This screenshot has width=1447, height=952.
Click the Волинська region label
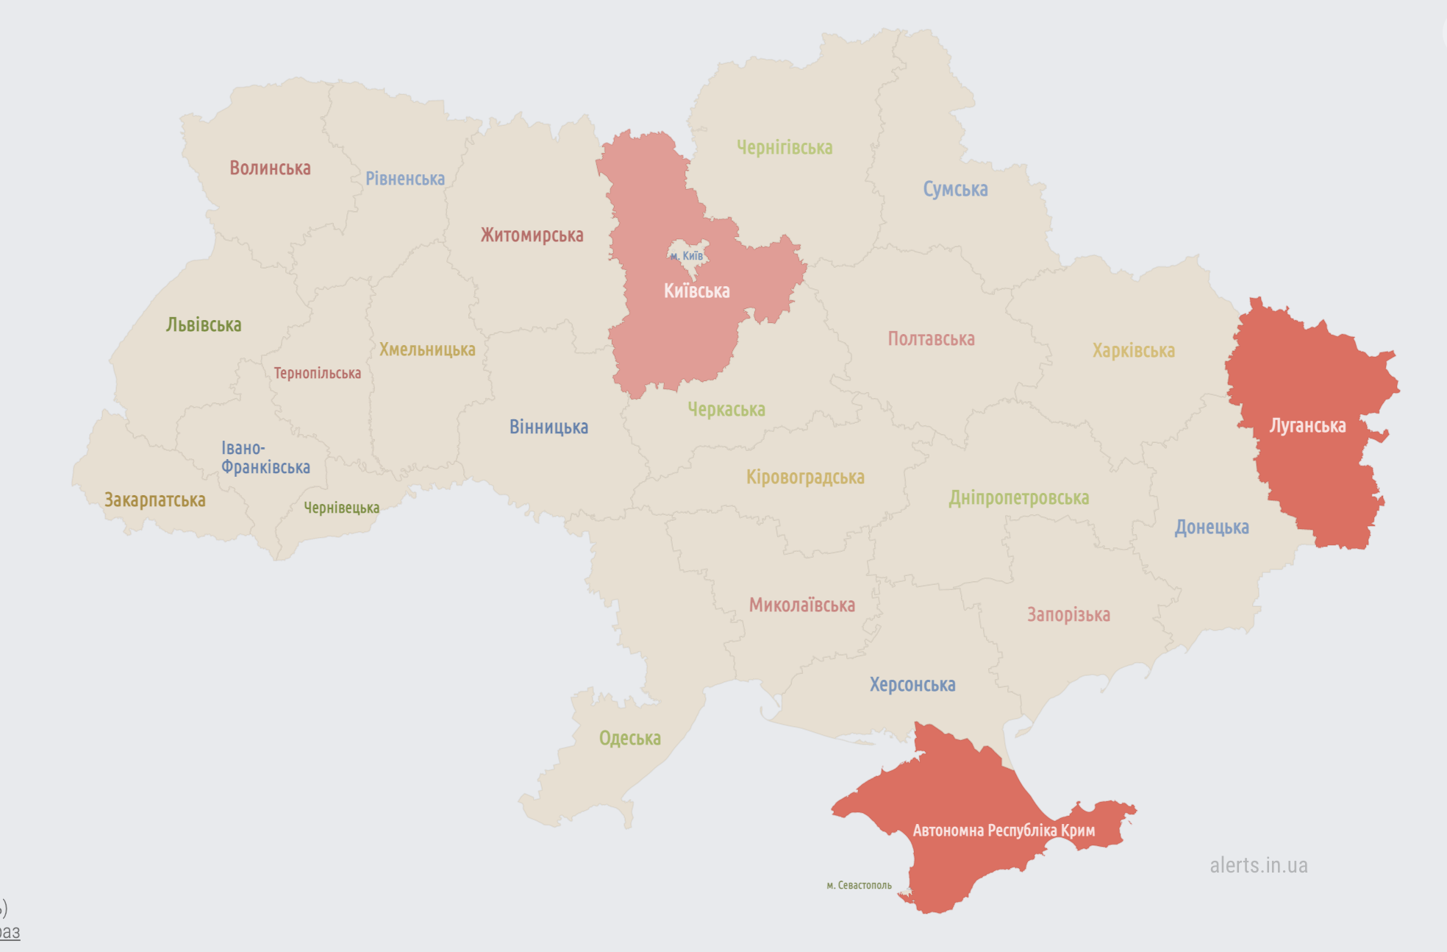(x=270, y=168)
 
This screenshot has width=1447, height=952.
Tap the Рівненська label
(x=405, y=179)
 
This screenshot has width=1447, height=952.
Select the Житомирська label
(x=532, y=235)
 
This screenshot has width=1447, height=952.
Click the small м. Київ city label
(x=687, y=256)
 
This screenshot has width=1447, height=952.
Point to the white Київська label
(x=696, y=291)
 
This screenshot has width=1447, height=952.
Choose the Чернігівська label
(x=785, y=148)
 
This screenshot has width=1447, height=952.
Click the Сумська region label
(x=955, y=190)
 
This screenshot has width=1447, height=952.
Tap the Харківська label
(x=1133, y=351)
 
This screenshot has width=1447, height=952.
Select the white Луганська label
(x=1307, y=426)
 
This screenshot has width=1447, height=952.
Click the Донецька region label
(x=1211, y=527)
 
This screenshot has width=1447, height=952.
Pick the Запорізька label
(x=1068, y=615)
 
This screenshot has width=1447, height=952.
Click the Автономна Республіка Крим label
(x=1004, y=831)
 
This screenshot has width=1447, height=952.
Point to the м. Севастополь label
(x=859, y=885)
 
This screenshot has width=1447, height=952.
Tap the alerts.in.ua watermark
(x=1259, y=866)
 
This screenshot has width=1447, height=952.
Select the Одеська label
(x=629, y=739)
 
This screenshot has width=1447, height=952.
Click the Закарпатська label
(x=154, y=500)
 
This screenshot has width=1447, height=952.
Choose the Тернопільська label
(x=317, y=374)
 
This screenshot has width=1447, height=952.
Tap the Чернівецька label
(x=341, y=508)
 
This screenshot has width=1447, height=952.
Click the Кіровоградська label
(x=805, y=477)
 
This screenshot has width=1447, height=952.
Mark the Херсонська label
(x=912, y=685)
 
